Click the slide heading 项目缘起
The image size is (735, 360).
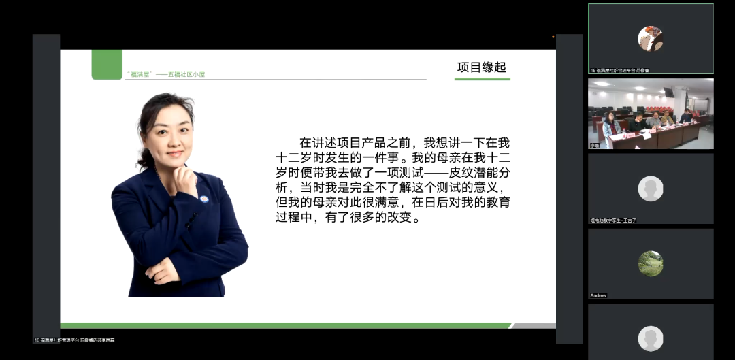pos(482,67)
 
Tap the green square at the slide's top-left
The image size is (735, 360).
pos(107,64)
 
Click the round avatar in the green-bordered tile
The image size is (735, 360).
pos(650,38)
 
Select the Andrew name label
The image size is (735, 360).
pos(599,295)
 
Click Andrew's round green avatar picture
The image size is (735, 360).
pos(650,263)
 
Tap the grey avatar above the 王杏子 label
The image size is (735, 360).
pos(650,189)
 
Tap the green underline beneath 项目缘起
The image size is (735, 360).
pos(482,80)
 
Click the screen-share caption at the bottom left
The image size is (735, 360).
pos(75,340)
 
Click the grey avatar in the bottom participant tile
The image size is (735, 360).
pos(650,338)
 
